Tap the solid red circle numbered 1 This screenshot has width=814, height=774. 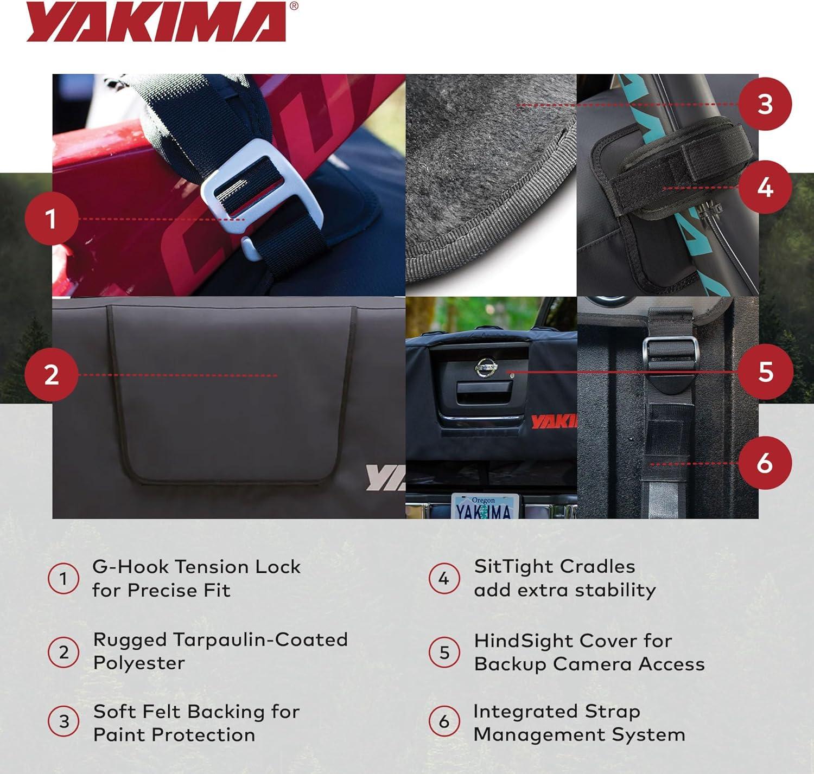click(x=52, y=218)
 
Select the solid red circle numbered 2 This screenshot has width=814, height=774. click(x=52, y=375)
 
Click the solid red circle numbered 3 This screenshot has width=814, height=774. click(x=765, y=104)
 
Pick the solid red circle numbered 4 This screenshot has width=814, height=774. click(x=765, y=187)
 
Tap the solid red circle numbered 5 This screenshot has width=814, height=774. click(x=766, y=371)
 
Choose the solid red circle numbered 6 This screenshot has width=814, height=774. click(x=765, y=463)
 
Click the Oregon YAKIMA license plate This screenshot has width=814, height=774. click(x=485, y=506)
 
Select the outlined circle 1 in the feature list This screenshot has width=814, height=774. click(x=63, y=578)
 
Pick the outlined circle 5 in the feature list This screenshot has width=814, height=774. click(x=444, y=653)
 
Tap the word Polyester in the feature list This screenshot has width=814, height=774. click(x=139, y=663)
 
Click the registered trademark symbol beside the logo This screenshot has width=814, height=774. click(x=294, y=6)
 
